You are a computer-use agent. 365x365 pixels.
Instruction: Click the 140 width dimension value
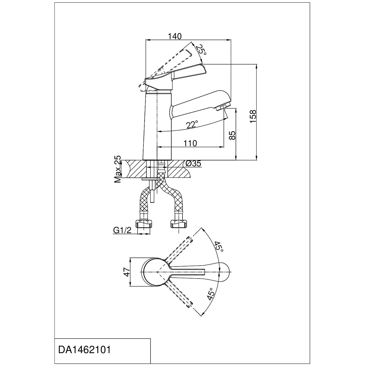coord(175,36)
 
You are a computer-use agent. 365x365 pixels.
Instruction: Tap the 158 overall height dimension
coord(253,116)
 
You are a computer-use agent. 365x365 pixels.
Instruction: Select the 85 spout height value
coord(232,135)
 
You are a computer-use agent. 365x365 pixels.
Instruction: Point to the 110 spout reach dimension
coord(191,143)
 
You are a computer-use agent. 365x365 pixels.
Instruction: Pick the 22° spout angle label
coord(192,124)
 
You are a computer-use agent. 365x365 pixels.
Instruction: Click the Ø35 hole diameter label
coord(194,163)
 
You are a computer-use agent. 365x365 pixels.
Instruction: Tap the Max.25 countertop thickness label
coord(118,169)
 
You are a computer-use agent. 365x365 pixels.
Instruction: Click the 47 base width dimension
coord(127,272)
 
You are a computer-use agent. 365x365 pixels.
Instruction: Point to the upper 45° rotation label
coord(218,247)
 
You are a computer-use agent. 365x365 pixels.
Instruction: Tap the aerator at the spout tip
coord(223,107)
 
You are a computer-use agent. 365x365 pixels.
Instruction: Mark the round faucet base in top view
coord(154,272)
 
